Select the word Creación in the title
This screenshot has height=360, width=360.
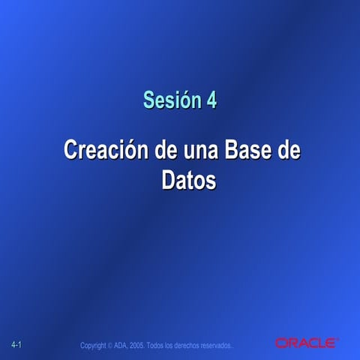(x=107, y=148)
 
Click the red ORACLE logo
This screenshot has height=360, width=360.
(x=305, y=343)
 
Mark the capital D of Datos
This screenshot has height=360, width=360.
(x=169, y=180)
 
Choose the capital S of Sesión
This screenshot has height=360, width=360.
(x=149, y=100)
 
